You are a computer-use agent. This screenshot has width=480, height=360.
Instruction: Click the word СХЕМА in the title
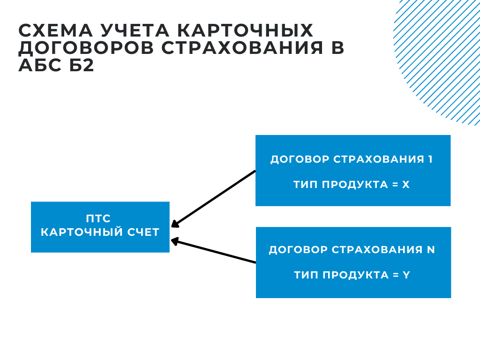click(55, 30)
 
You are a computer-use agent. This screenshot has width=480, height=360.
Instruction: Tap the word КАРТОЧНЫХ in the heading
click(245, 30)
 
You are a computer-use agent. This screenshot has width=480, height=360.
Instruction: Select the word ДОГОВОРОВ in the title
click(86, 48)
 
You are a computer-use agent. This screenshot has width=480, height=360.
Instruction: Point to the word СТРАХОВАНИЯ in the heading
click(242, 48)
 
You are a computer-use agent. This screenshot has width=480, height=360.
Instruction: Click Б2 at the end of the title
click(82, 65)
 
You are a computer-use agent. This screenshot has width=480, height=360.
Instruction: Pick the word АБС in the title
click(40, 65)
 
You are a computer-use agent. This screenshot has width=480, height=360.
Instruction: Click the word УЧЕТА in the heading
click(135, 30)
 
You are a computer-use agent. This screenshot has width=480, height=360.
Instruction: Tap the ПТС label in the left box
click(98, 218)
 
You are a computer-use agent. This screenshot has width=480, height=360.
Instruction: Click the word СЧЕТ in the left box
click(143, 232)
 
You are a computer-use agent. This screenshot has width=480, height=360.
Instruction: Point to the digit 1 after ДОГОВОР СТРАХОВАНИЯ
click(430, 159)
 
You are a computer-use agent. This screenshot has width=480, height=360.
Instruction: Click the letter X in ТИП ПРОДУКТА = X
click(405, 185)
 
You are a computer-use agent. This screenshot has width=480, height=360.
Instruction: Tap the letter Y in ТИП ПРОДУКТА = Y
click(406, 275)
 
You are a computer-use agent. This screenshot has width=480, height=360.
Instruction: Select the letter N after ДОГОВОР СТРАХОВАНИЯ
click(431, 250)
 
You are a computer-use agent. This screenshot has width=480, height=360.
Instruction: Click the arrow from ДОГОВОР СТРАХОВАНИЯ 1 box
click(213, 199)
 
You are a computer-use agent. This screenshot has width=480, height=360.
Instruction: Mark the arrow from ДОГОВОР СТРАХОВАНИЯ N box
click(213, 251)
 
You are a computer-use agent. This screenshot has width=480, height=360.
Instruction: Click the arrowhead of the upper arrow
click(175, 224)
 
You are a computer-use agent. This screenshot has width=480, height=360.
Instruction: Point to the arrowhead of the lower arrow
click(174, 241)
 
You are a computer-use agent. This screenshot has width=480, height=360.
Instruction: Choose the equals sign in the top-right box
click(395, 185)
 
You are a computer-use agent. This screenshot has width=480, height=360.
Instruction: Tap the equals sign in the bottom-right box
click(396, 275)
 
